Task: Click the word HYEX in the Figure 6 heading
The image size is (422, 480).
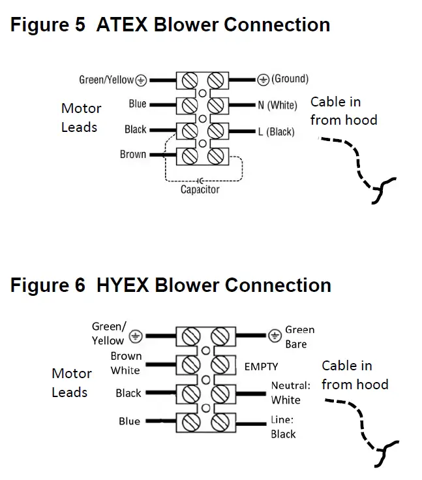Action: click(123, 285)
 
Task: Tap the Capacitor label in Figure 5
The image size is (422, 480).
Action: click(200, 189)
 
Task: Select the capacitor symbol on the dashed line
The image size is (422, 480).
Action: click(200, 181)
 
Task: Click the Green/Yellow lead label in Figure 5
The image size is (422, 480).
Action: click(106, 80)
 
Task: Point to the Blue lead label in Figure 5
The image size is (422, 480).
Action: click(138, 104)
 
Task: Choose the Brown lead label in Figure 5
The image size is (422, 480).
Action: click(132, 154)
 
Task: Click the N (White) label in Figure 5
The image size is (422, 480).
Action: click(277, 105)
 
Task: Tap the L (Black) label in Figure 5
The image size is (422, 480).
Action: click(276, 132)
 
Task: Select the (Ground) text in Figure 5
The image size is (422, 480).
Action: click(290, 78)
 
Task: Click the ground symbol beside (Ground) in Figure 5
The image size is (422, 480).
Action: click(263, 80)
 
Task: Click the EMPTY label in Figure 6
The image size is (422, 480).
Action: click(261, 366)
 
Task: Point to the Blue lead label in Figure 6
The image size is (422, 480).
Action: click(129, 421)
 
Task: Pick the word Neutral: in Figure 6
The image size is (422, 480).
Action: click(290, 385)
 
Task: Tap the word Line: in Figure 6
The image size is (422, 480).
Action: click(282, 420)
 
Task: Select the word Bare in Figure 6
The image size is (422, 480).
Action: click(296, 344)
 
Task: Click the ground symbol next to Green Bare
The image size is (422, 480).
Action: click(275, 336)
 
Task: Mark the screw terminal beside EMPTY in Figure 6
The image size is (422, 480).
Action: click(220, 365)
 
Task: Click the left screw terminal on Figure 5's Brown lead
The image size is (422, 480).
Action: click(190, 157)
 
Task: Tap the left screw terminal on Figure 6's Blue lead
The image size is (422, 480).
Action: click(191, 423)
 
